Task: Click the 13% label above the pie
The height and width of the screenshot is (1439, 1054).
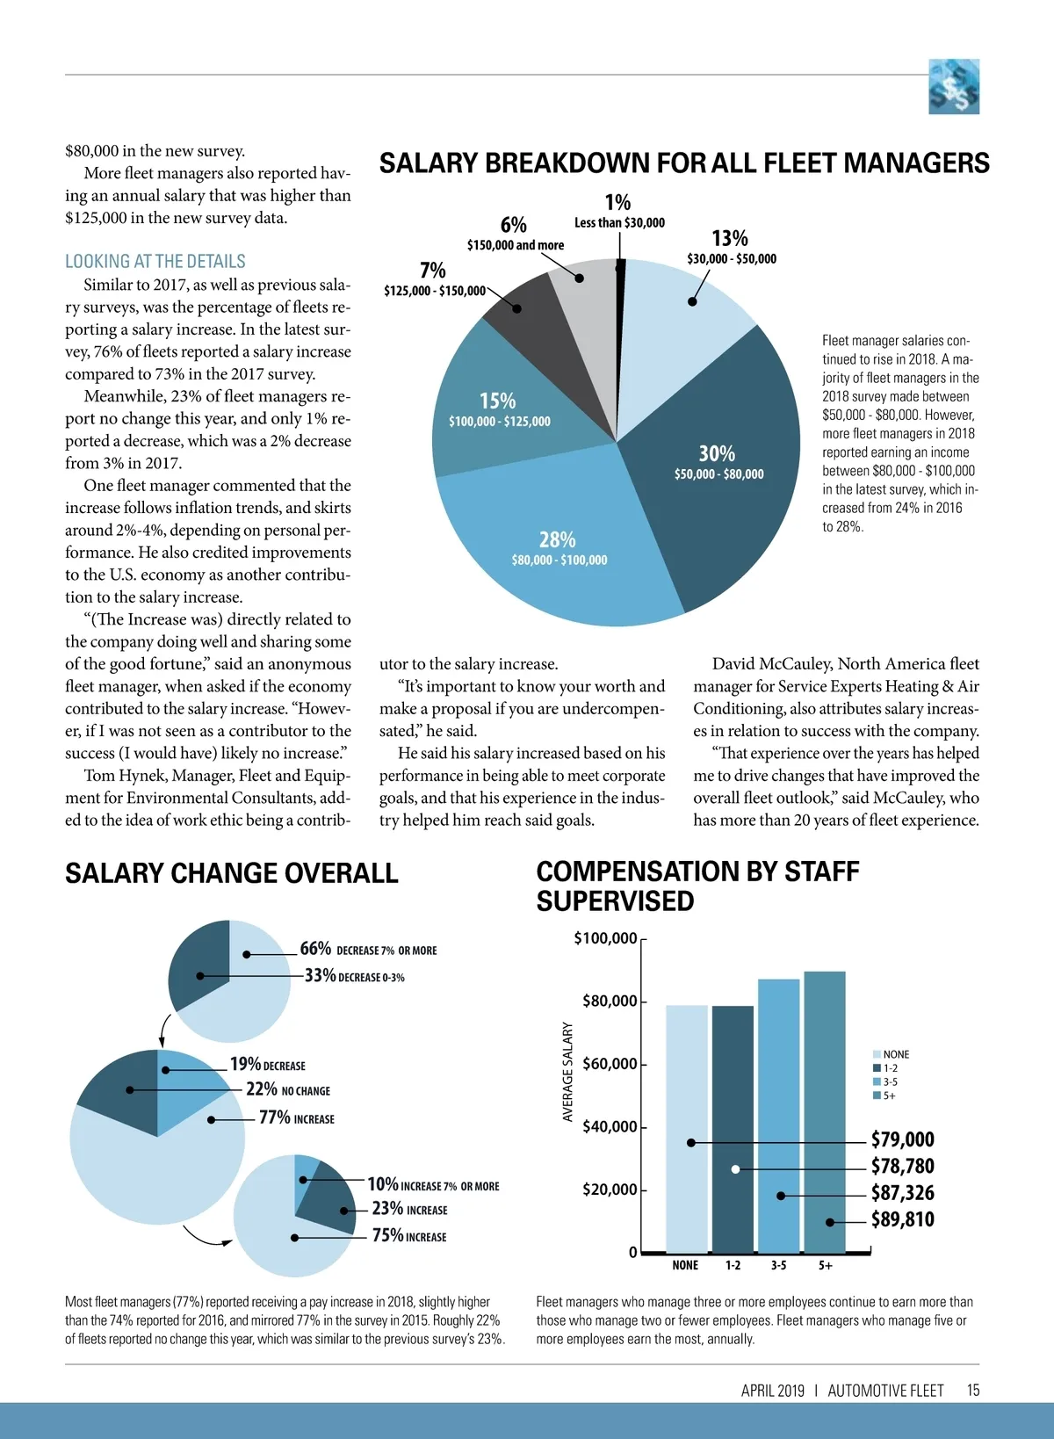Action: pos(730,239)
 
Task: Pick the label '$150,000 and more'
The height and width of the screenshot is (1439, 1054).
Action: pos(516,245)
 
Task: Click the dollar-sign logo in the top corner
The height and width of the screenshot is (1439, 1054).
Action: pos(954,86)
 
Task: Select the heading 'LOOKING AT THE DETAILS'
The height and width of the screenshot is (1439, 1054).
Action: pos(155,262)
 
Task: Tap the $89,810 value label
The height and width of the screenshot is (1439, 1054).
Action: pos(902,1219)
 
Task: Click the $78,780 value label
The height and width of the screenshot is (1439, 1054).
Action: pos(902,1167)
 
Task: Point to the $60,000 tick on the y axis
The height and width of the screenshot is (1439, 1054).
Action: pos(610,1064)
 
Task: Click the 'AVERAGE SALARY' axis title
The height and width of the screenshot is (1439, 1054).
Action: pos(567,1072)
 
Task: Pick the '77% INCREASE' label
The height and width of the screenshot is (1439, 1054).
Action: pos(296,1117)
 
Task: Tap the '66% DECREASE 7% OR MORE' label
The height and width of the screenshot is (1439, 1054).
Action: pos(368,950)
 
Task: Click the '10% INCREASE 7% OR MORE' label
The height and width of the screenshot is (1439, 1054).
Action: pos(433,1185)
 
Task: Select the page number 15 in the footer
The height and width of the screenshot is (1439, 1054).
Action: pos(973,1390)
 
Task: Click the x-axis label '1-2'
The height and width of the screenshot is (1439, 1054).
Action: pos(733,1265)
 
